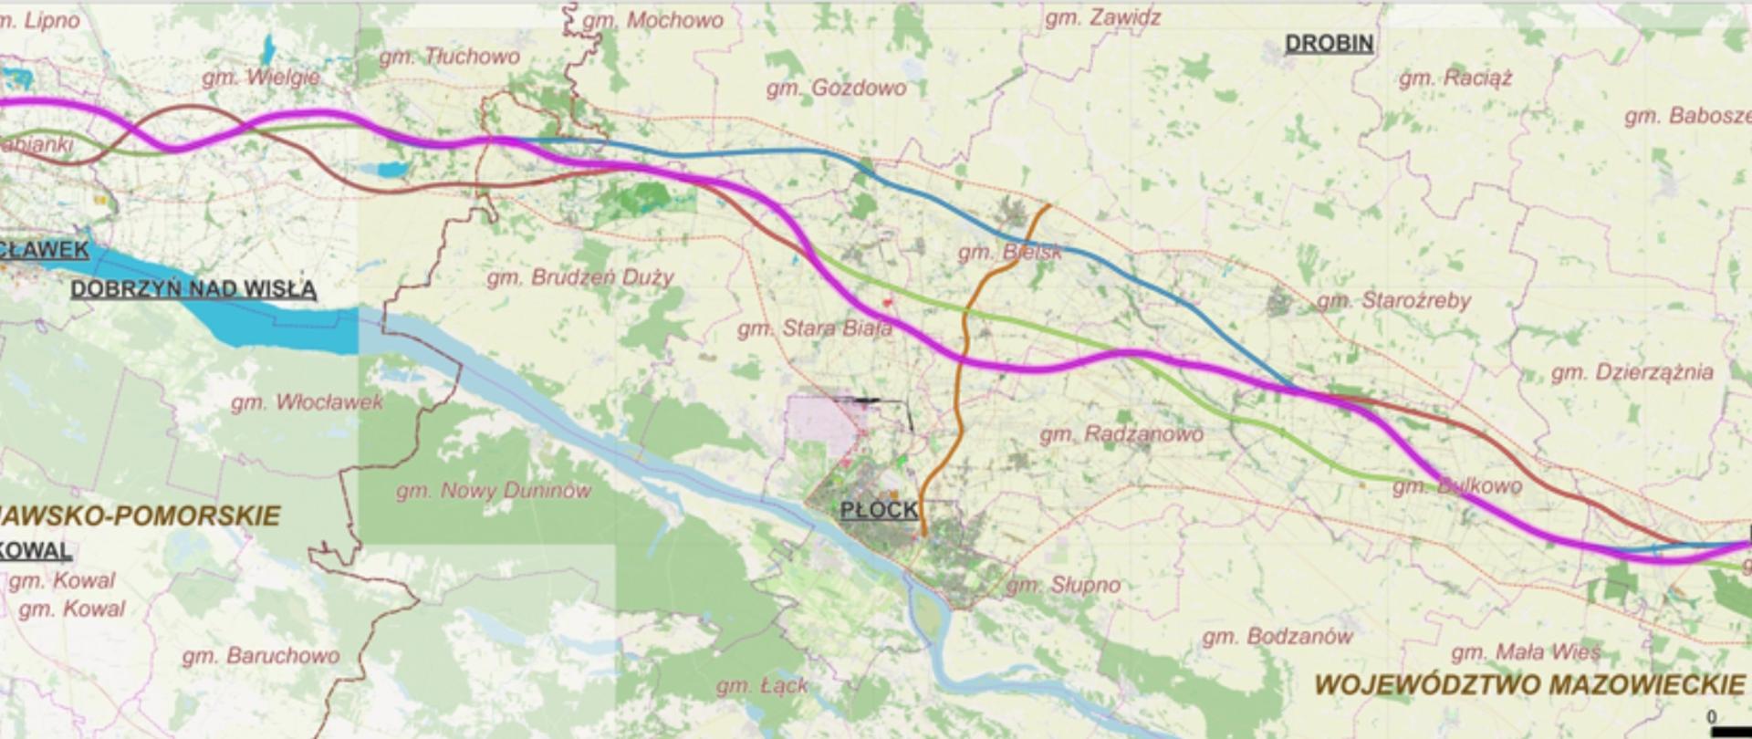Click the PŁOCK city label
[879, 509]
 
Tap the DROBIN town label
[1329, 43]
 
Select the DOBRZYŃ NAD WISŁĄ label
[193, 289]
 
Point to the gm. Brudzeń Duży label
[579, 276]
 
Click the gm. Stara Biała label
[814, 328]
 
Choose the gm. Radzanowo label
[1121, 434]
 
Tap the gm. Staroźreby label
[1392, 300]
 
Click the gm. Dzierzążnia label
[1632, 372]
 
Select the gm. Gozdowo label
[836, 88]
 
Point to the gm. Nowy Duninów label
[493, 491]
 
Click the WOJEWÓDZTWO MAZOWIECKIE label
[1529, 684]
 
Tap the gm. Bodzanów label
[1277, 636]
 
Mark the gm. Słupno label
[1063, 585]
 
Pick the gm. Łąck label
[762, 685]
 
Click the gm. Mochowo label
[652, 19]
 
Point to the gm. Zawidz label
[1102, 17]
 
